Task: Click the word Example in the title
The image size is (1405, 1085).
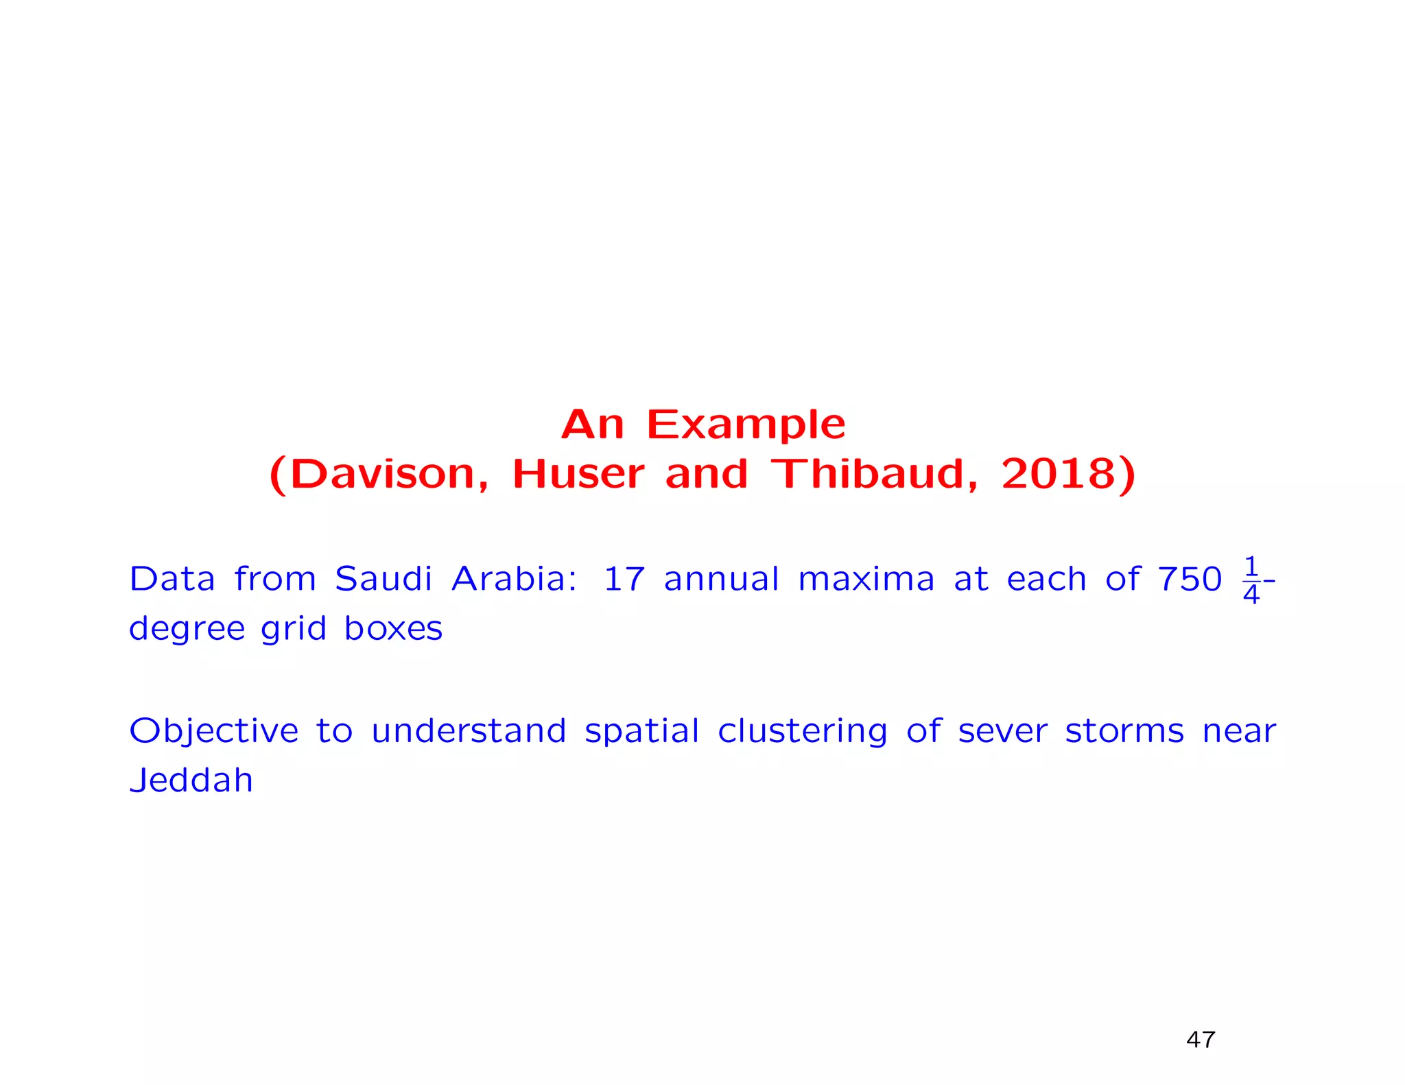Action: click(746, 425)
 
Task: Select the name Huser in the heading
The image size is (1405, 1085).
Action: click(578, 474)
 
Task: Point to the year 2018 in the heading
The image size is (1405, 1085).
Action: click(1060, 474)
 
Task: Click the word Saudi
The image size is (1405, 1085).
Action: click(383, 579)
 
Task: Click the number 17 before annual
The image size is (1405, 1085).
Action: click(624, 579)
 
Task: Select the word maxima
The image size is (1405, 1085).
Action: click(866, 579)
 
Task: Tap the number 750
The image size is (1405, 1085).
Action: click(1190, 579)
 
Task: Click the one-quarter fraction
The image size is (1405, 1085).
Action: click(1251, 580)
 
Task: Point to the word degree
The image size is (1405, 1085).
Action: click(187, 629)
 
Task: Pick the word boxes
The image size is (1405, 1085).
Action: click(393, 628)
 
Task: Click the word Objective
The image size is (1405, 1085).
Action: click(213, 731)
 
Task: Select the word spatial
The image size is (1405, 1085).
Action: click(641, 731)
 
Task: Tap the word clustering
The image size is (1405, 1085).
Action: click(802, 731)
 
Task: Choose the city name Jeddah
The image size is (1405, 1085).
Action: click(191, 780)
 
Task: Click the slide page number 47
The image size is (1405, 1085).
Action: click(1200, 1040)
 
